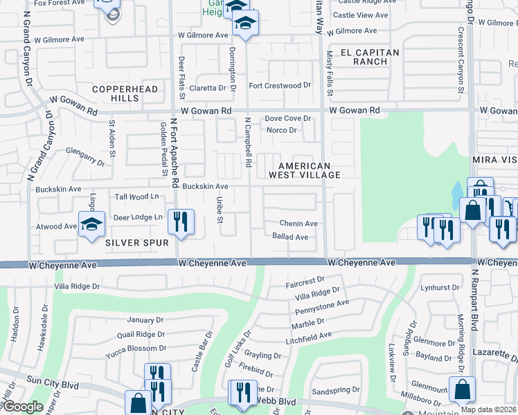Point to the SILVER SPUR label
(x=137, y=243)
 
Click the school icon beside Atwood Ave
(x=91, y=224)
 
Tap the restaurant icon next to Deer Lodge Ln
(x=181, y=221)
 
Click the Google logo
(x=23, y=407)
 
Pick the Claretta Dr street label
(x=208, y=88)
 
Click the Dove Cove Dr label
(x=287, y=119)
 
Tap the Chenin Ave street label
(x=298, y=223)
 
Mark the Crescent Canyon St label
(x=461, y=60)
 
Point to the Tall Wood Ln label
(x=136, y=197)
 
